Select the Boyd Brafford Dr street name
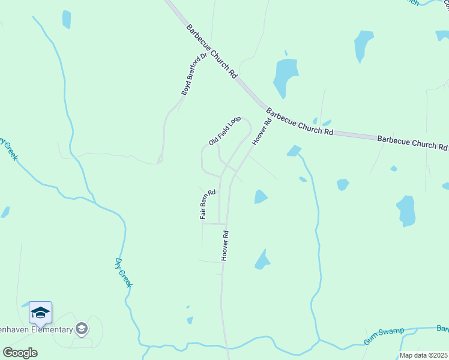point(194,74)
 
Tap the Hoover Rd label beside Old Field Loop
point(262,131)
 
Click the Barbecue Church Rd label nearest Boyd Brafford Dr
point(212,52)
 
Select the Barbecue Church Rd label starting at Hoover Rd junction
point(299,122)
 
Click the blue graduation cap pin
point(40,313)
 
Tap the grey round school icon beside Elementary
point(82,328)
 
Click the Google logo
point(20,353)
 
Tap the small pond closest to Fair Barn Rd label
point(260,197)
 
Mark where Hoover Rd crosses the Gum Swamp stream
point(226,347)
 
